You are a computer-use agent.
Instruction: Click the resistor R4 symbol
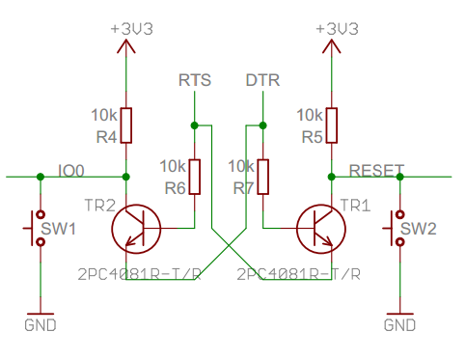127,125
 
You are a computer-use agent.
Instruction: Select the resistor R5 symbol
332,124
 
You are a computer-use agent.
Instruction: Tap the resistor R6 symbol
195,176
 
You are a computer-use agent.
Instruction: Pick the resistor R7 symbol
262,176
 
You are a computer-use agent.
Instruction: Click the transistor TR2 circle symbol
136,228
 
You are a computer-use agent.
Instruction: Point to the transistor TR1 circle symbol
321,228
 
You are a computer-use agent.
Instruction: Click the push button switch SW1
37,228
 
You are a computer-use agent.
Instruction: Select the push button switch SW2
397,228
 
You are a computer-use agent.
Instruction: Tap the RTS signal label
195,80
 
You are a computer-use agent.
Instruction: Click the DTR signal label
262,80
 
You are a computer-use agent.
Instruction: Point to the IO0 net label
71,170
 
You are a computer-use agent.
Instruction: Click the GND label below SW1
40,325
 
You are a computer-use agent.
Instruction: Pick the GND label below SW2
399,325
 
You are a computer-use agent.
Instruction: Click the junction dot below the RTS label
195,125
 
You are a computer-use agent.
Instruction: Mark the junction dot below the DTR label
262,125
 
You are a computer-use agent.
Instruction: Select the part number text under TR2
139,274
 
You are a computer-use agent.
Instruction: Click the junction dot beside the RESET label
332,177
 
